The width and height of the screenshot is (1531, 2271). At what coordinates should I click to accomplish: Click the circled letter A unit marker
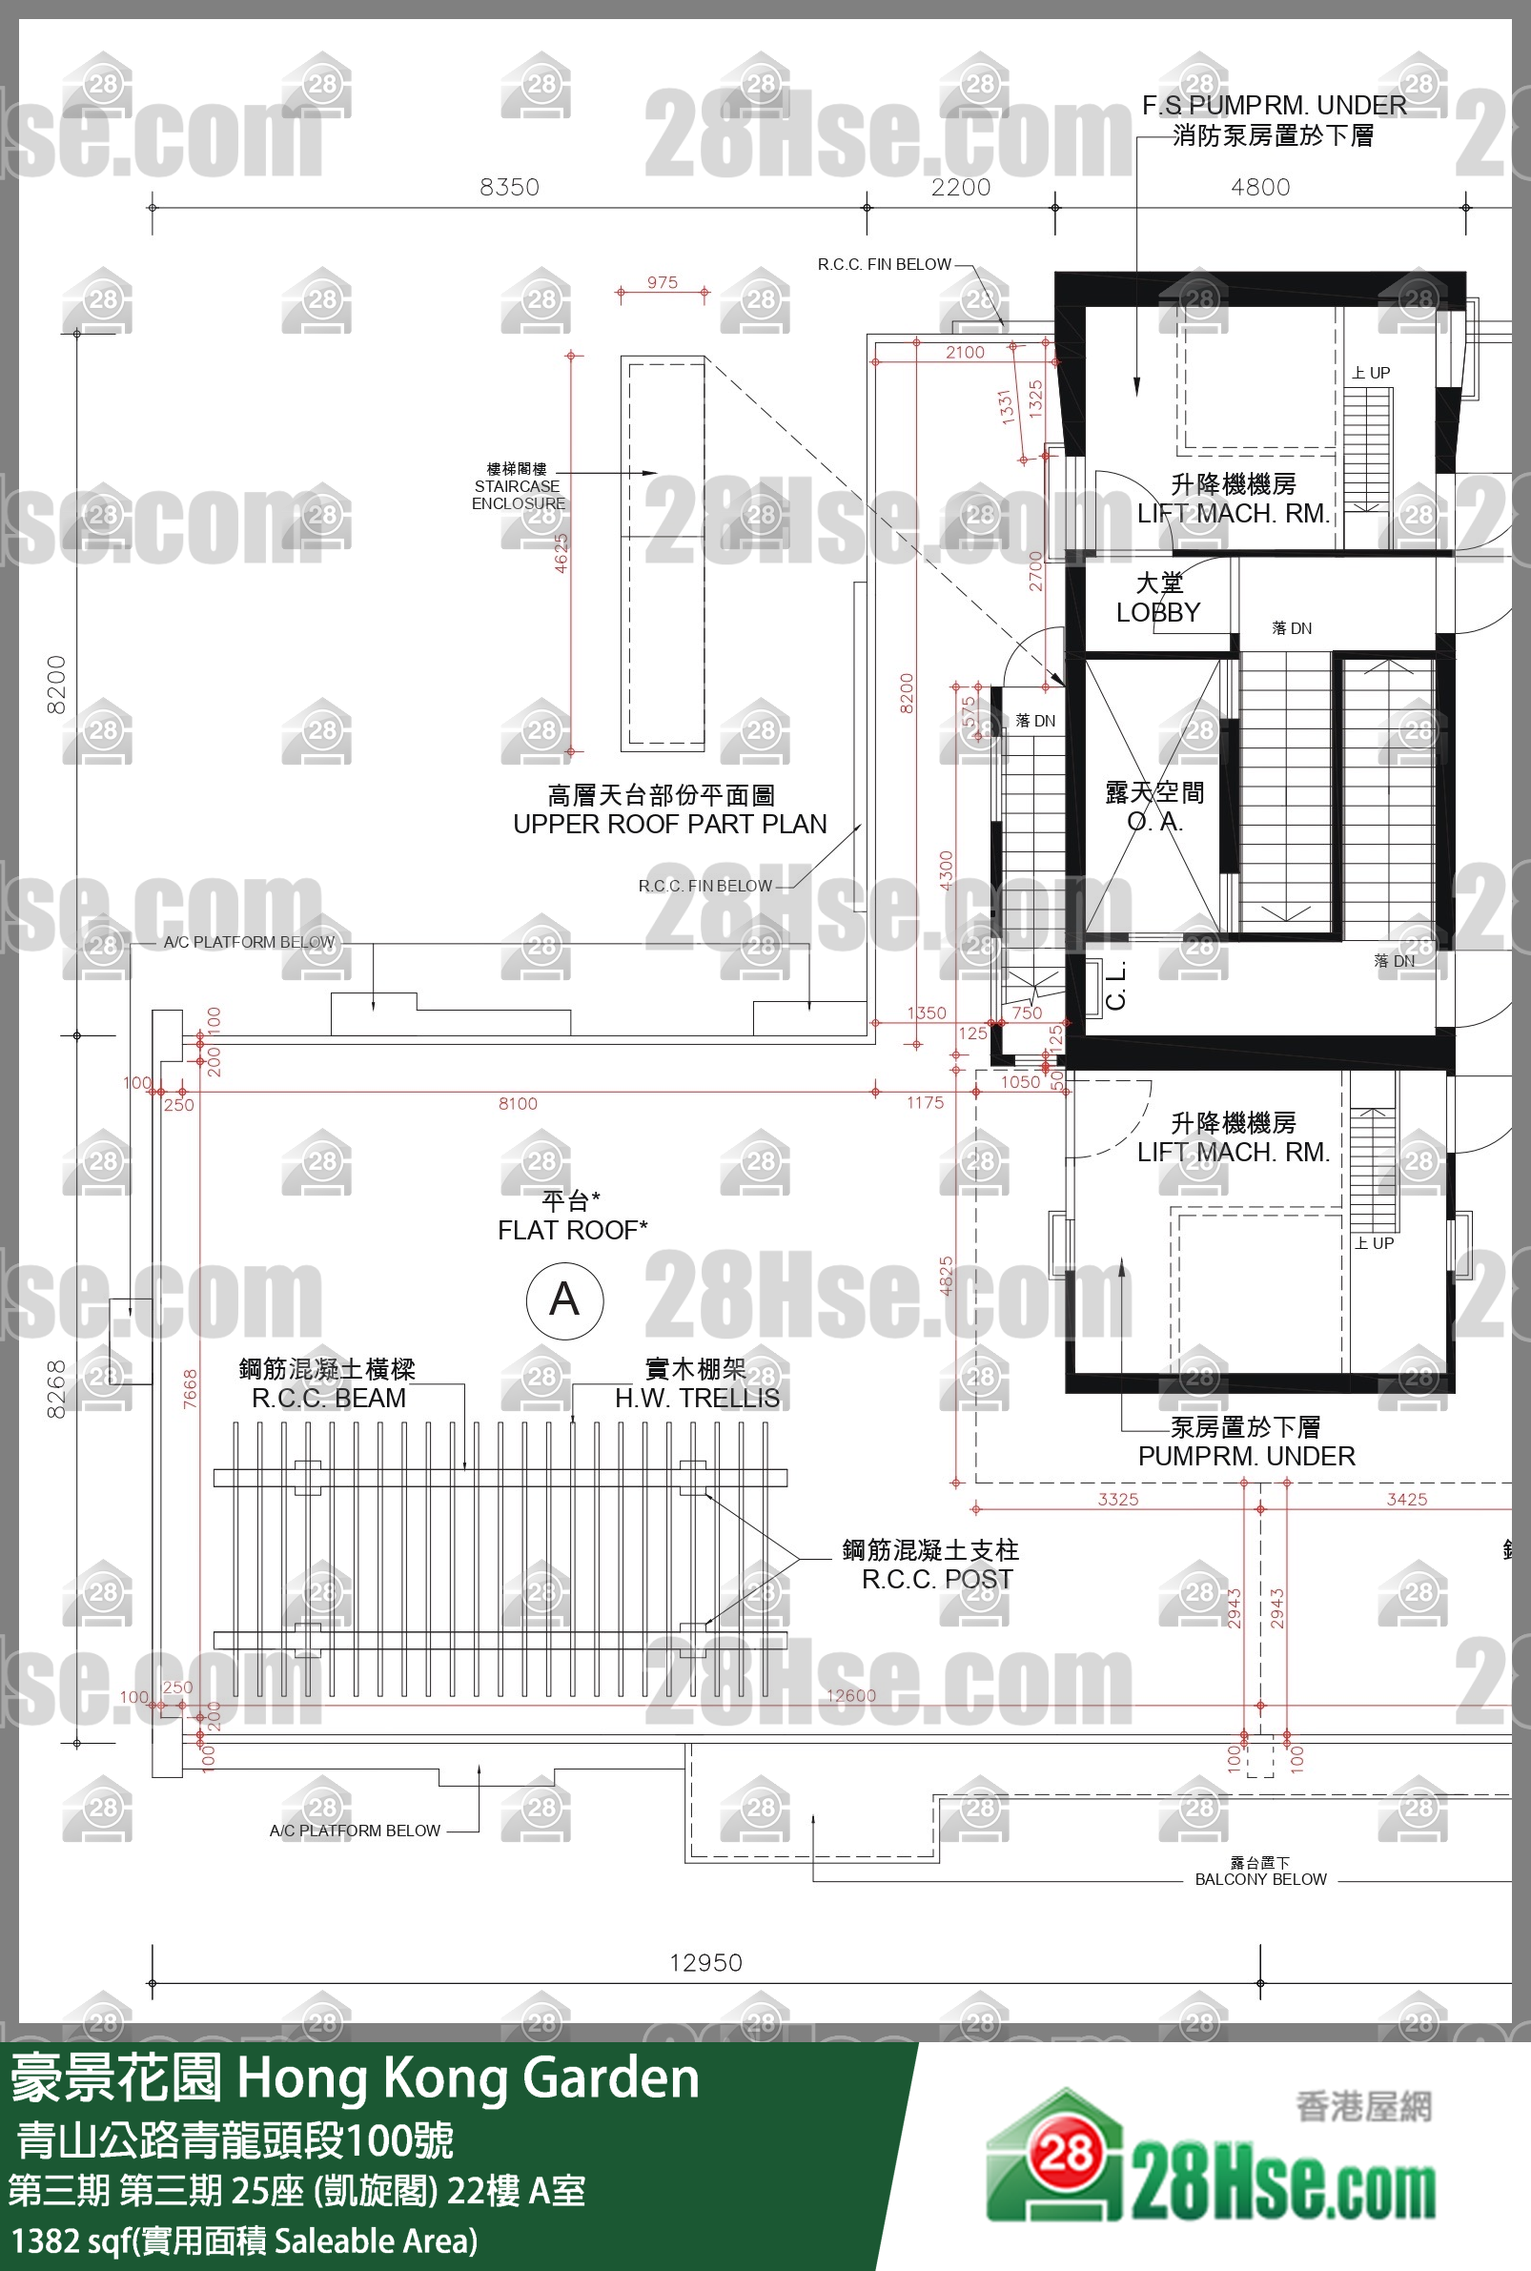click(x=564, y=1299)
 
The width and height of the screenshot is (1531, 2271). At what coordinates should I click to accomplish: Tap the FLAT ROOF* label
click(x=572, y=1229)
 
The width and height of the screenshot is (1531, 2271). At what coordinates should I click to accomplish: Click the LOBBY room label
click(x=1158, y=612)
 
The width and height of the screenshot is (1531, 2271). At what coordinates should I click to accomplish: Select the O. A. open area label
click(x=1155, y=821)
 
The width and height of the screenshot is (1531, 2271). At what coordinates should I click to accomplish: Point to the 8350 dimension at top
click(x=509, y=187)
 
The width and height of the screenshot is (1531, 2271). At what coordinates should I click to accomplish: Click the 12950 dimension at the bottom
click(x=704, y=1961)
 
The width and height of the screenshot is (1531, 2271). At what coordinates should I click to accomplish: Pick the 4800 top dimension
click(x=1259, y=187)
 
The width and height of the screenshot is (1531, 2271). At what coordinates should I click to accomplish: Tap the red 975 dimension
click(x=662, y=282)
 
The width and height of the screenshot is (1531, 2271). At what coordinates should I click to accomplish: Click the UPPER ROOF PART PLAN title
click(x=670, y=824)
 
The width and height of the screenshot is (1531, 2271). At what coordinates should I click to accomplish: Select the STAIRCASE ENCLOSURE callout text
click(x=518, y=494)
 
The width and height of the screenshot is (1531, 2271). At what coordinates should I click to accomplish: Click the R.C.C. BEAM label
click(x=328, y=1398)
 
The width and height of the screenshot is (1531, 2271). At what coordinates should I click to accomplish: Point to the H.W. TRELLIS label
click(x=697, y=1398)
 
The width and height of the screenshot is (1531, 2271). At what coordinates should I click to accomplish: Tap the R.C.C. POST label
click(x=936, y=1579)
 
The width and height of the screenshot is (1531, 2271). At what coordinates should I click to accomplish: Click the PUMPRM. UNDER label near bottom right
click(x=1246, y=1456)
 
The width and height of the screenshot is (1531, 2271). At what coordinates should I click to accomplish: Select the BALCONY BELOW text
click(x=1260, y=1878)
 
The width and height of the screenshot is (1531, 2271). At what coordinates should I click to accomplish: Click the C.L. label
click(x=1116, y=985)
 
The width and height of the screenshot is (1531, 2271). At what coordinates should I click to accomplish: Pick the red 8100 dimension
click(x=518, y=1103)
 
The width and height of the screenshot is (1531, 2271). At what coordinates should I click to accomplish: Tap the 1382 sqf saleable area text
click(x=244, y=2240)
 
